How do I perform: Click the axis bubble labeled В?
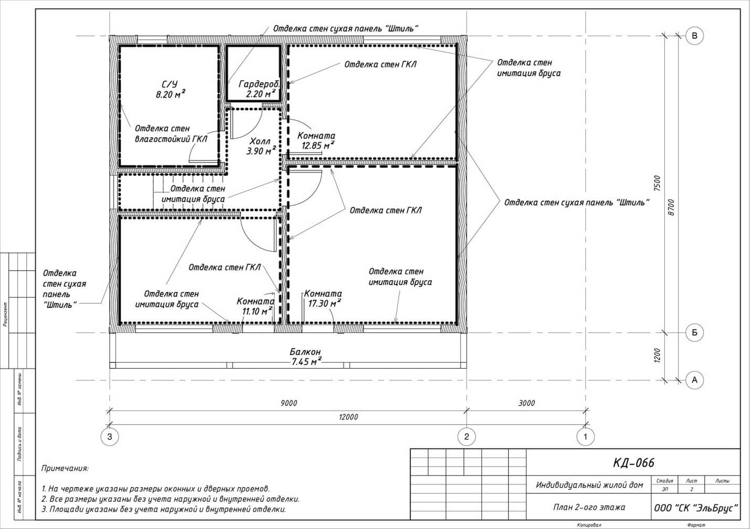tap(694, 36)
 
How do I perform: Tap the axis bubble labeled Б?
tap(694, 332)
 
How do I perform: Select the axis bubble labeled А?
tap(694, 380)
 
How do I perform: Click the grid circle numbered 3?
tap(110, 436)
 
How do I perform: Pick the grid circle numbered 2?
tap(467, 436)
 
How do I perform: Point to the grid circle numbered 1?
tap(585, 436)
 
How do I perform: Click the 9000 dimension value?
tap(289, 403)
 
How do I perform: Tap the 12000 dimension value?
tap(348, 417)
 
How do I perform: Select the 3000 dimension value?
tap(526, 403)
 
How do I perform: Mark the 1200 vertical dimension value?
tap(657, 355)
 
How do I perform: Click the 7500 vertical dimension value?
tap(657, 183)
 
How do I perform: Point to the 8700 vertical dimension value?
tap(671, 207)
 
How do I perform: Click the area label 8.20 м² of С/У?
tap(171, 94)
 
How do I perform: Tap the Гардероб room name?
tap(258, 84)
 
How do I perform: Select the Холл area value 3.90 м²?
tap(261, 151)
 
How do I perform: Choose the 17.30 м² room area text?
tap(324, 303)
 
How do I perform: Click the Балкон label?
tap(305, 352)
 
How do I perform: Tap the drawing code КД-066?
tap(633, 463)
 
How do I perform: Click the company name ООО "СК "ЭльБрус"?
tap(696, 508)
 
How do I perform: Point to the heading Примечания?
tap(65, 468)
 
